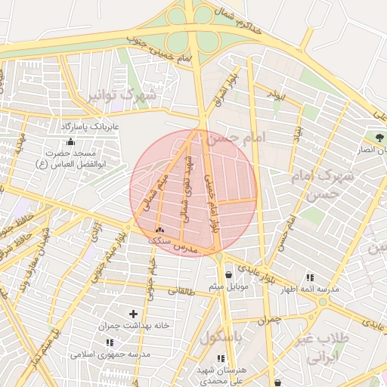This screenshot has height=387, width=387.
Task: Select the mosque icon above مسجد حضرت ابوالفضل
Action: point(71,141)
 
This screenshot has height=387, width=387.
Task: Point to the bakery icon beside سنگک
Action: point(159,229)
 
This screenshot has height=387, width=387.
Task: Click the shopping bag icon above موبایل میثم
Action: point(228,274)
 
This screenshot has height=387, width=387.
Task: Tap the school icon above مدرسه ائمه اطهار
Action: point(310,277)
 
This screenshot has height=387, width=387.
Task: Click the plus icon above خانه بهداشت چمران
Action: point(134,313)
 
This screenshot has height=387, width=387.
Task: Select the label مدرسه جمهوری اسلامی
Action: point(110,354)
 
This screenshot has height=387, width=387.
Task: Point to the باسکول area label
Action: point(221,337)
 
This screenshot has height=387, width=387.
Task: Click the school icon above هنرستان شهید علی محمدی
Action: point(221,358)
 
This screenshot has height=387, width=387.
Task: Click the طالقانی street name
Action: point(181,291)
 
